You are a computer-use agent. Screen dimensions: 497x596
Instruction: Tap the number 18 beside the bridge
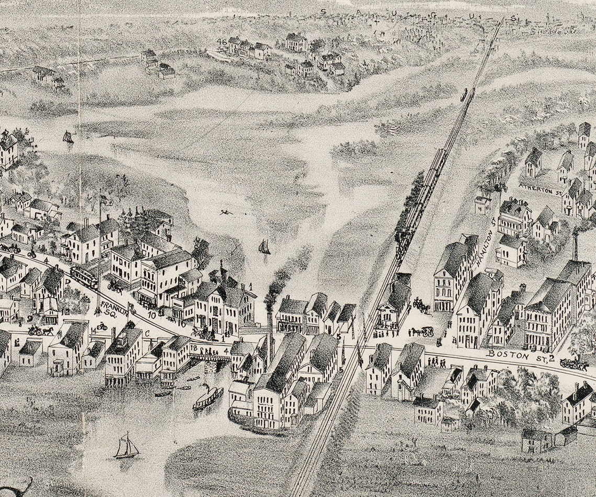(194, 348)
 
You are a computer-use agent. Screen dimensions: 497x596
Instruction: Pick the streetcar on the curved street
(84, 277)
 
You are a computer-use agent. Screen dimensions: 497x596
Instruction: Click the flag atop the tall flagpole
(106, 199)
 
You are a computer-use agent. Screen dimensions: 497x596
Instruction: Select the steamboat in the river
(208, 398)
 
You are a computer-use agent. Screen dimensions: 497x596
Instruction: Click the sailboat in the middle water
(265, 246)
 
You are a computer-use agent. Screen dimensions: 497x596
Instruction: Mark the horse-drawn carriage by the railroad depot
(422, 331)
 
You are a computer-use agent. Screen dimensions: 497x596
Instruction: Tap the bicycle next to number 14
(101, 326)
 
